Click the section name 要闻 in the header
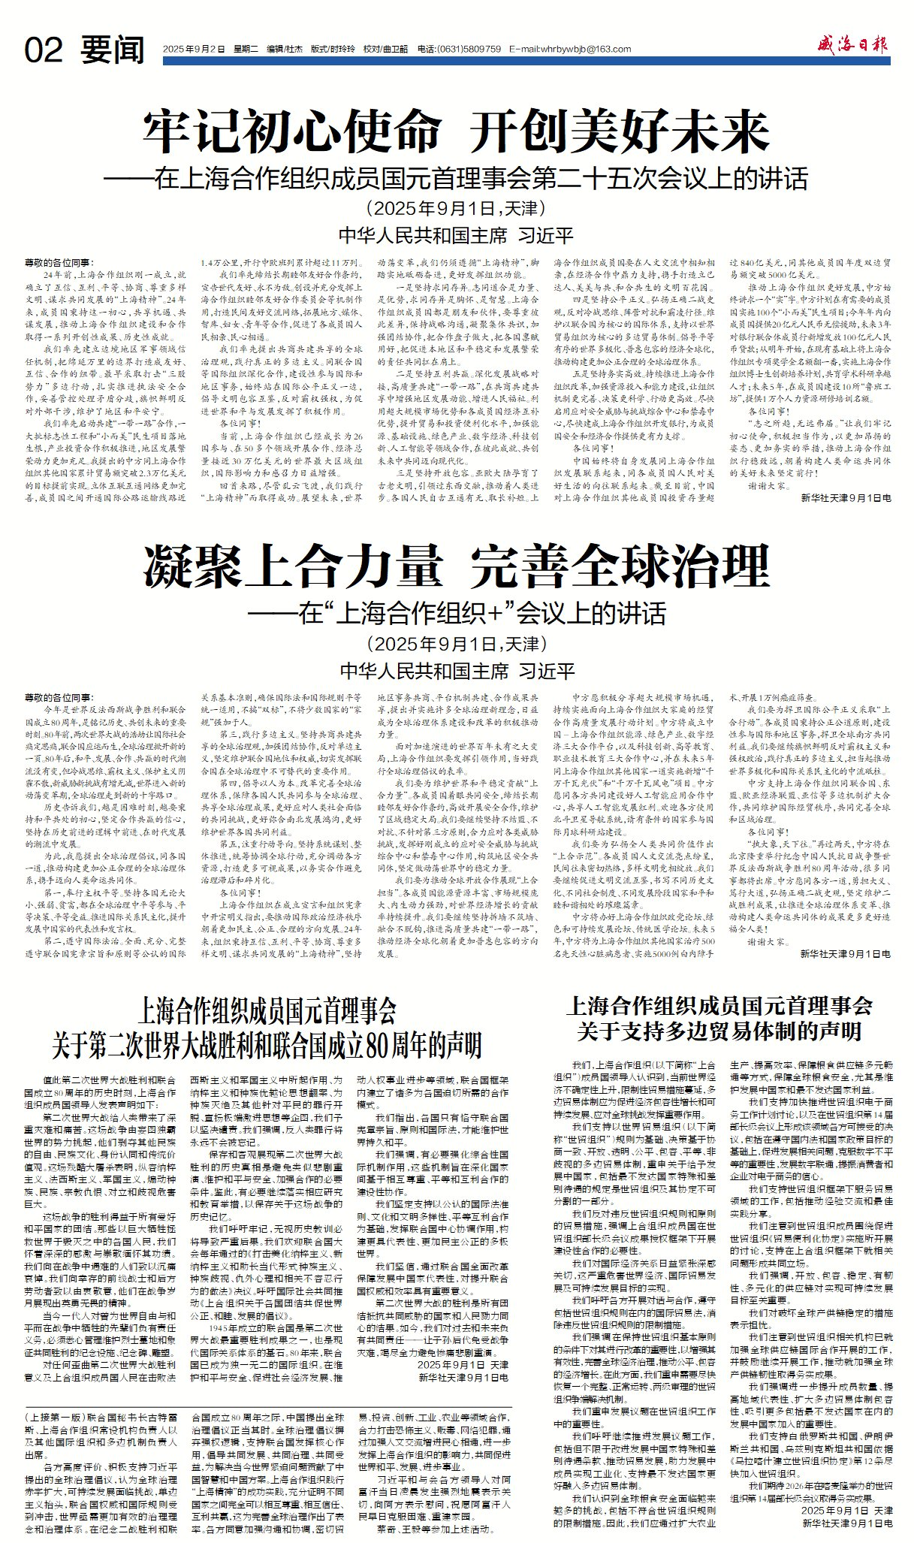113,50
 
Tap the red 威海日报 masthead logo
852,44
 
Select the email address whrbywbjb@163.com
570,49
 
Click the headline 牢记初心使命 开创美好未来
457,132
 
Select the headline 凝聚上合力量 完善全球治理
457,566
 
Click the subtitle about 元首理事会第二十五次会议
457,179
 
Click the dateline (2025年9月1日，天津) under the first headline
457,208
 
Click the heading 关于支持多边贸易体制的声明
719,1030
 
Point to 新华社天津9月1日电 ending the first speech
846,497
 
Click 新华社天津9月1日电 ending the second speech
846,954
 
